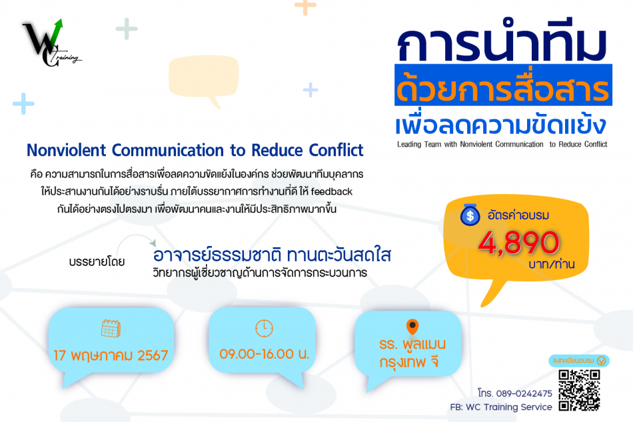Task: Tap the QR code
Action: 579,391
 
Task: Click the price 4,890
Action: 519,243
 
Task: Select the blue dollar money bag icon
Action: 470,215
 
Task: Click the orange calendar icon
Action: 111,328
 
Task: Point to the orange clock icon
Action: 264,328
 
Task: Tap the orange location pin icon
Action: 412,327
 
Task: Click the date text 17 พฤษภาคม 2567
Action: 111,355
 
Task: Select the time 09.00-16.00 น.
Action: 265,354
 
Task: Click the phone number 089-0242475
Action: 524,393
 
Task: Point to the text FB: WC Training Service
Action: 501,407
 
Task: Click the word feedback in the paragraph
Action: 331,191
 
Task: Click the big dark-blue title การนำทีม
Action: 502,41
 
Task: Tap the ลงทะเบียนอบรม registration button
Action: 579,361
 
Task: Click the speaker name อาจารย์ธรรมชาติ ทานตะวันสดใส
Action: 272,255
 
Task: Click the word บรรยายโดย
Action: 97,262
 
